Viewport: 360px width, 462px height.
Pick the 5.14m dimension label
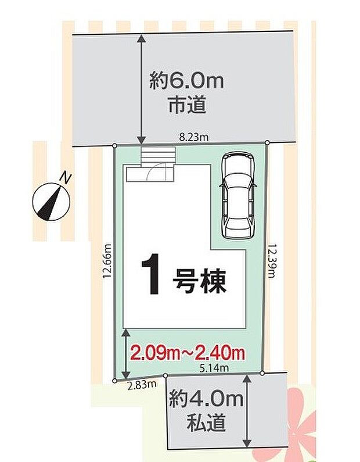(214, 368)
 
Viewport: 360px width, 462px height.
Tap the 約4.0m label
(206, 400)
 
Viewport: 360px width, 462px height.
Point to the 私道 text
(206, 424)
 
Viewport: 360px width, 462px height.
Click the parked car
(237, 194)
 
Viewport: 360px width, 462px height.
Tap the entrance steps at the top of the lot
(157, 156)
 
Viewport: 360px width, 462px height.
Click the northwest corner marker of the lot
(114, 145)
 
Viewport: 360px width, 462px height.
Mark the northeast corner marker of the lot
(267, 142)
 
